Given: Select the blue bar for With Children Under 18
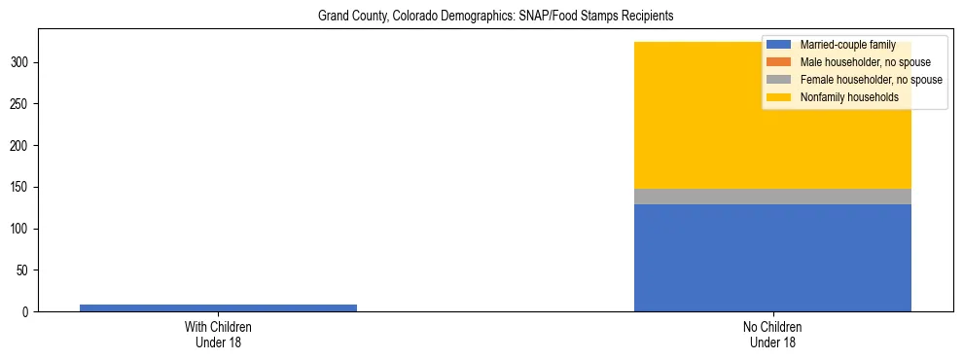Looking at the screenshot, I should point(218,307).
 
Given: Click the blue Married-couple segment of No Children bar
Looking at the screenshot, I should point(772,258).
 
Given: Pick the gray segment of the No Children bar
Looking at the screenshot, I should point(772,197).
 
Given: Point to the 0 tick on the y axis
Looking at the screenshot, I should point(30,312).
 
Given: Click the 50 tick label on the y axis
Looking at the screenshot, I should point(27,270).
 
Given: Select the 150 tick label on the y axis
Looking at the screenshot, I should point(24,188).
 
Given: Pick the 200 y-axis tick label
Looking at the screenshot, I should point(24,146).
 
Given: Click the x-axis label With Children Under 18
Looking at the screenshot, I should point(218,335).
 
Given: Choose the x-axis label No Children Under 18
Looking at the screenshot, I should point(772,335).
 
